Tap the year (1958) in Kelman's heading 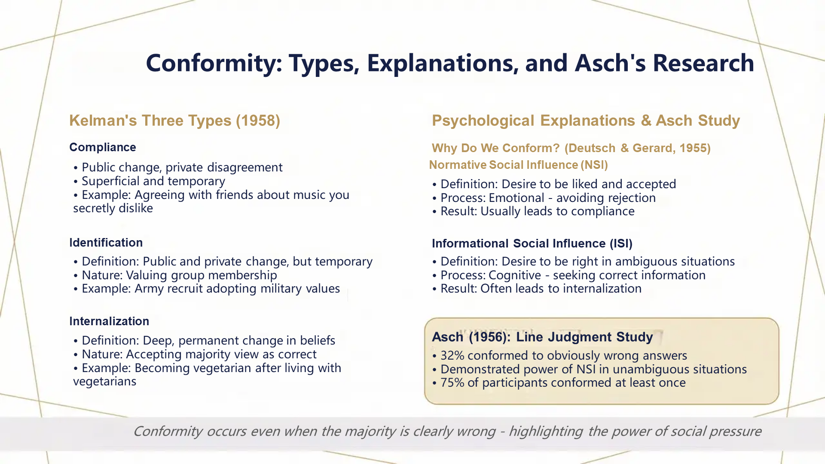[x=258, y=121]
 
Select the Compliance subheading [x=103, y=147]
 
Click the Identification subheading [x=106, y=243]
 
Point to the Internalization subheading [x=109, y=321]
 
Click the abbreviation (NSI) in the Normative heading [x=594, y=165]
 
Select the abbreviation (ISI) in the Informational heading [x=621, y=244]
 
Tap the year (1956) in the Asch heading [x=489, y=337]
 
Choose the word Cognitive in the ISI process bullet [x=515, y=275]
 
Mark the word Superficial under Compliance [x=108, y=181]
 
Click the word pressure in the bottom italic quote [x=735, y=431]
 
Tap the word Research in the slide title [x=703, y=63]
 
